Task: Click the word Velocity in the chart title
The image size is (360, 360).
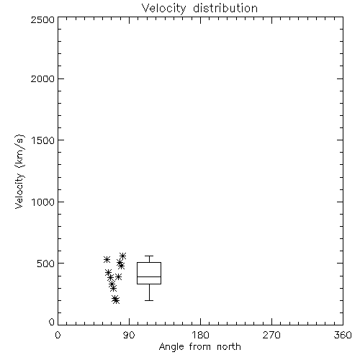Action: (x=164, y=9)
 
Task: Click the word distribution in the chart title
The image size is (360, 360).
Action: (x=225, y=8)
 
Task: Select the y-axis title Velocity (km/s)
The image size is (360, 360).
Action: (x=19, y=171)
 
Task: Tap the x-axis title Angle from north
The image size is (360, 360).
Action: (x=199, y=347)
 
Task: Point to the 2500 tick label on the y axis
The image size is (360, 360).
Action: (x=42, y=19)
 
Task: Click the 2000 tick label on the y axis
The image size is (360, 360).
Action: (x=42, y=78)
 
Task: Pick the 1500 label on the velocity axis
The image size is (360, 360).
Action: (x=43, y=140)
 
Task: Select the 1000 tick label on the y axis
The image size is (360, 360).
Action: (x=43, y=202)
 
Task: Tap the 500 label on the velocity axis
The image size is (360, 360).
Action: (x=46, y=264)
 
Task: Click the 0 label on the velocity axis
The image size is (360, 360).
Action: (x=52, y=322)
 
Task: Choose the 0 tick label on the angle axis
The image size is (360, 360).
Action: (x=58, y=335)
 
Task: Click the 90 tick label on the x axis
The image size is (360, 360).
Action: (x=129, y=335)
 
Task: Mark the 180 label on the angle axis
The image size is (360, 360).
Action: (x=200, y=335)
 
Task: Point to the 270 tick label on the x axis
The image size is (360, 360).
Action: (x=271, y=335)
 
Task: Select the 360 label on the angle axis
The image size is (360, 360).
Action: (x=343, y=335)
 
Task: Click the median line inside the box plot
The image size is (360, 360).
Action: (x=149, y=276)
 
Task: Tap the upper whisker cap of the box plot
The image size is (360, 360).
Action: (x=149, y=256)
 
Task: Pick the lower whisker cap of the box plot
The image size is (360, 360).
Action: (x=149, y=300)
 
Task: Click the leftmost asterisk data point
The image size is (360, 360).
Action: (x=107, y=259)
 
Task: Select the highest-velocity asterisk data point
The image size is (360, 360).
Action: (x=123, y=256)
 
